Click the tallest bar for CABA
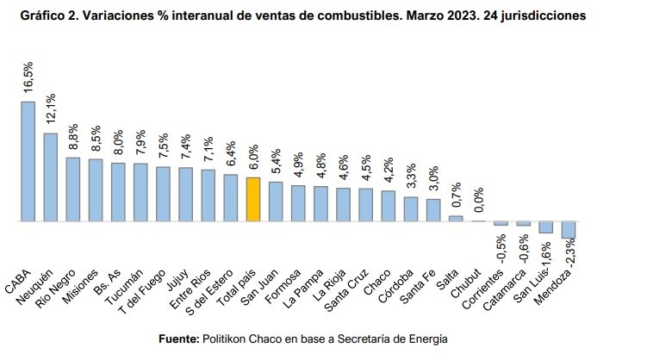pyautogui.click(x=28, y=161)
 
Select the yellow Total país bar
pyautogui.click(x=252, y=199)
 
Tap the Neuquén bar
pyautogui.click(x=51, y=177)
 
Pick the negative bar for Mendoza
pyautogui.click(x=568, y=229)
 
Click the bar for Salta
pyautogui.click(x=456, y=218)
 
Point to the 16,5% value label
pyautogui.click(x=28, y=78)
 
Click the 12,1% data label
pyautogui.click(x=51, y=109)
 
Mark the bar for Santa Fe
pyautogui.click(x=433, y=210)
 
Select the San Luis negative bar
pyautogui.click(x=545, y=227)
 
